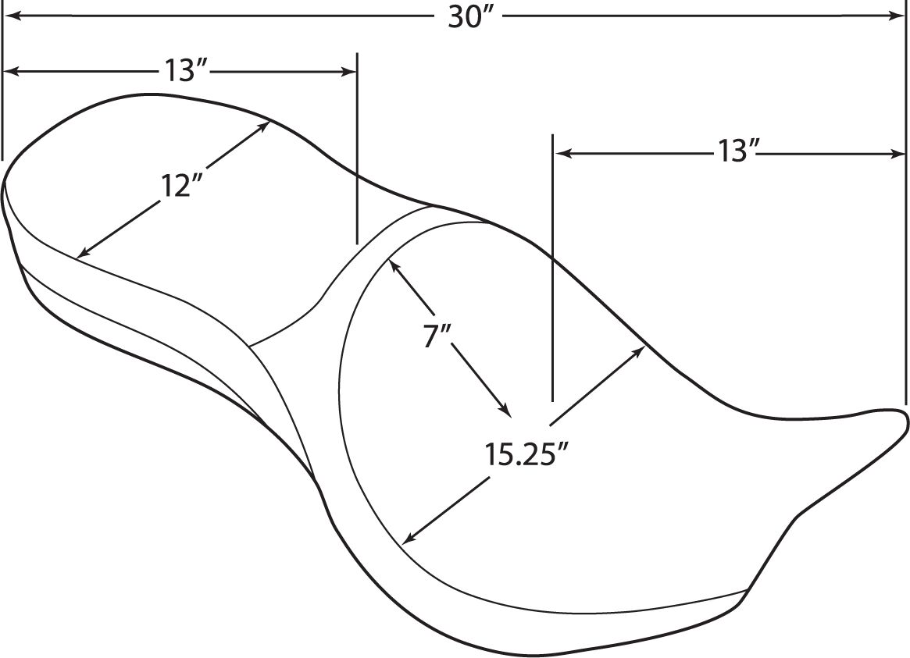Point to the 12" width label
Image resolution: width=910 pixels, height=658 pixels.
pos(180,187)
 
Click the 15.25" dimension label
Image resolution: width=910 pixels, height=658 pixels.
pos(526,454)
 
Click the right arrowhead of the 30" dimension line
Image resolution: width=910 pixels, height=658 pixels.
pos(897,17)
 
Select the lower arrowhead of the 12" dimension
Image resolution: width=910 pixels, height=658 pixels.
pos(83,251)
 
